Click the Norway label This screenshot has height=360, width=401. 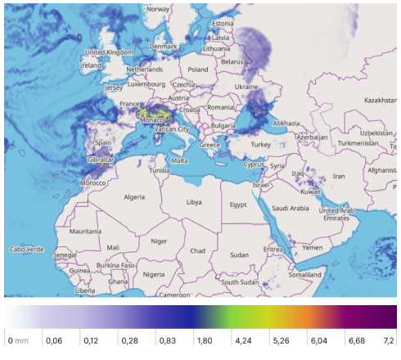pyautogui.click(x=158, y=9)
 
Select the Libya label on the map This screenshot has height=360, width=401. pyautogui.click(x=194, y=201)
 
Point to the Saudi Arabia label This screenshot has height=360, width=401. pyautogui.click(x=291, y=208)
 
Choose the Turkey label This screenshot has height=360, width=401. pyautogui.click(x=260, y=144)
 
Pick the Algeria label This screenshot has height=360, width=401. pyautogui.click(x=133, y=197)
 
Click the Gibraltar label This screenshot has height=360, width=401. pyautogui.click(x=101, y=160)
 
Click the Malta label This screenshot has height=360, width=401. pyautogui.click(x=179, y=160)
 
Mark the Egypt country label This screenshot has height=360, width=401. pyautogui.click(x=238, y=205)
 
